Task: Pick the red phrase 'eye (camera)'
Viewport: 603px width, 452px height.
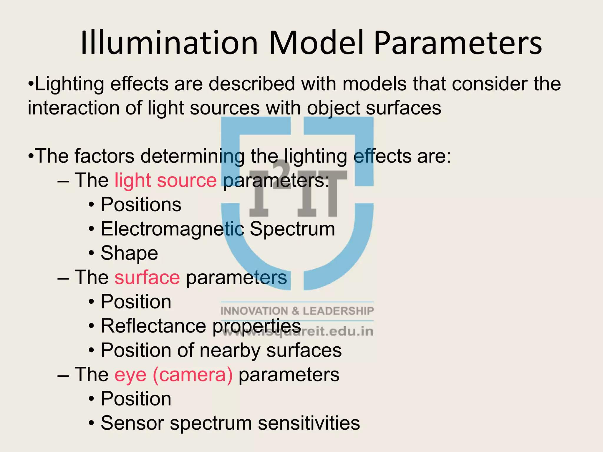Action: pyautogui.click(x=173, y=375)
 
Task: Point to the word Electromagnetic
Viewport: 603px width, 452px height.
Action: pyautogui.click(x=172, y=229)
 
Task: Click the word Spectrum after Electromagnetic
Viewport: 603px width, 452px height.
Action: pyautogui.click(x=292, y=229)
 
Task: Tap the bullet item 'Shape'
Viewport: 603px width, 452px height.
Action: pyautogui.click(x=129, y=253)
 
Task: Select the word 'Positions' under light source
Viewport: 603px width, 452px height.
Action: pyautogui.click(x=141, y=205)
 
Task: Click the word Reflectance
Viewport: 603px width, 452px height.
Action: pyautogui.click(x=153, y=326)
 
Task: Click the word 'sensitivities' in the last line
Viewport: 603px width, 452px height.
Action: pyautogui.click(x=309, y=423)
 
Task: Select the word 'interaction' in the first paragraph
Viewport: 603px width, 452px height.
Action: pyautogui.click(x=74, y=108)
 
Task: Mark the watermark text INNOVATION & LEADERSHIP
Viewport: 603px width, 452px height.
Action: pyautogui.click(x=297, y=311)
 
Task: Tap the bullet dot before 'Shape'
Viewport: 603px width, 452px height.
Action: pyautogui.click(x=92, y=253)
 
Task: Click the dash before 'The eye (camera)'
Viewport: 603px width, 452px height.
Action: pyautogui.click(x=63, y=375)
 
